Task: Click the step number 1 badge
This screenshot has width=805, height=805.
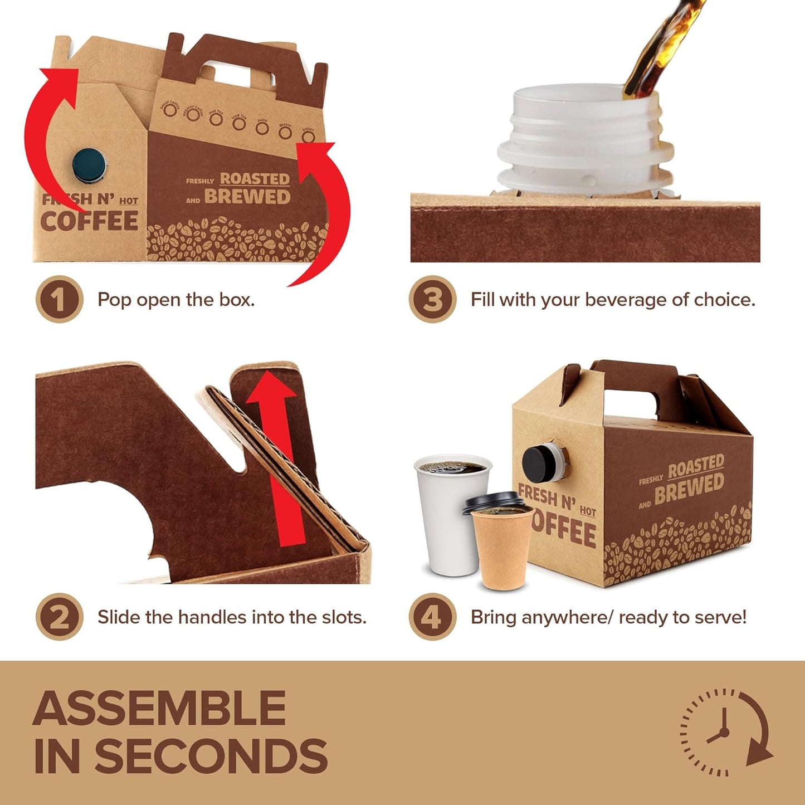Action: (59, 300)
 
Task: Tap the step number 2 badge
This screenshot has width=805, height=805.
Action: (59, 617)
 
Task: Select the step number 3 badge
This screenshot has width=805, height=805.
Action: (432, 300)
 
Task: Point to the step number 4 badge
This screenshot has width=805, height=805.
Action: (432, 617)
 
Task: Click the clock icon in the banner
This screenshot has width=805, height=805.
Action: (725, 732)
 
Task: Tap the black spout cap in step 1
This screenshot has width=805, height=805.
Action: (89, 165)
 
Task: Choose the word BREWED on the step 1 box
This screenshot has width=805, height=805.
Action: (247, 197)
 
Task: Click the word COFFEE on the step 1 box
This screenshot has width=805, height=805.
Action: (89, 221)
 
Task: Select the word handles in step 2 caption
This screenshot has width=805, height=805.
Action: (212, 617)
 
